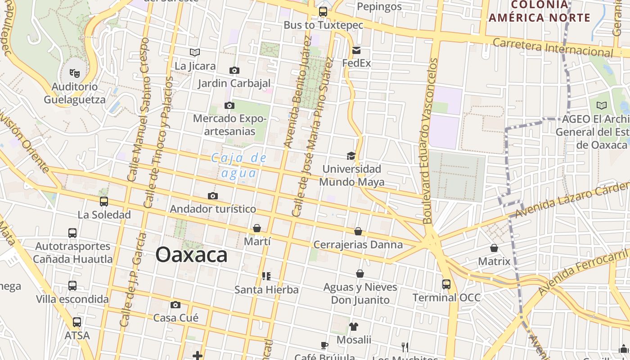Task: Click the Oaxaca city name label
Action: (191, 255)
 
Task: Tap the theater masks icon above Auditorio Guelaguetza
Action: (75, 72)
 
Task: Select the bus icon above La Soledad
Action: (104, 202)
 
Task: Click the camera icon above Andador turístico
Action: (213, 196)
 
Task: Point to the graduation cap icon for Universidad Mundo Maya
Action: (351, 156)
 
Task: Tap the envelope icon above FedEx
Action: (356, 50)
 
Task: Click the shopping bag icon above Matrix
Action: (494, 248)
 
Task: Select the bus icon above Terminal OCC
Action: (446, 284)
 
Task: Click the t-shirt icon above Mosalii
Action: (354, 326)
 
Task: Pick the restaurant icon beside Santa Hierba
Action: (266, 276)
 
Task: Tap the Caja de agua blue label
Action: (239, 165)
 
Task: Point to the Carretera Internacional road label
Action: (553, 47)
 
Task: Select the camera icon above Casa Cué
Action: (176, 305)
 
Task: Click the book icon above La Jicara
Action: (195, 53)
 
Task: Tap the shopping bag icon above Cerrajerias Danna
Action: (358, 231)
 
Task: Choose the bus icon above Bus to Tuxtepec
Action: (323, 12)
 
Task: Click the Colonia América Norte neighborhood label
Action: (540, 11)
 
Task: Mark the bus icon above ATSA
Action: (77, 322)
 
